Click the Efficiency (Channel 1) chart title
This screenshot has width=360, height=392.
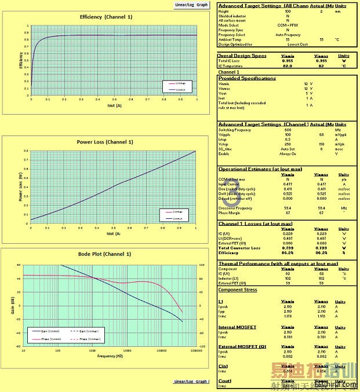[106, 17]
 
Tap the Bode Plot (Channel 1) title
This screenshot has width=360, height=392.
[104, 254]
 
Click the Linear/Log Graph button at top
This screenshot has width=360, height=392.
[191, 5]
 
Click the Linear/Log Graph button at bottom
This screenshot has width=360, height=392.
[191, 382]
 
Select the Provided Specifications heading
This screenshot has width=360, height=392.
[247, 78]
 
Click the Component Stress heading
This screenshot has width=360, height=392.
[238, 290]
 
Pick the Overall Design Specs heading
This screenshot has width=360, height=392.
[242, 56]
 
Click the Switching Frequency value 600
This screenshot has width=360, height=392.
[288, 130]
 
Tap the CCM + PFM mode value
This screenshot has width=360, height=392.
[288, 25]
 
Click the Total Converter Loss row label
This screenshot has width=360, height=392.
[238, 248]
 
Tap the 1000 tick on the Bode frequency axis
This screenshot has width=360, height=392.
[91, 350]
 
